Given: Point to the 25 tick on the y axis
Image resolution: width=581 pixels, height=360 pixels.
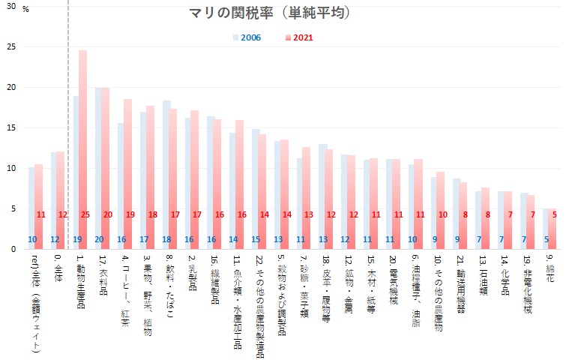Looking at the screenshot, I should coord(10,46).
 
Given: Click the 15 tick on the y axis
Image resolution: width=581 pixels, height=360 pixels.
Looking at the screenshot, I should coord(10,127).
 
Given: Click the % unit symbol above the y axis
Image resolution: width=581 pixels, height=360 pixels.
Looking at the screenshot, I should coord(26,10).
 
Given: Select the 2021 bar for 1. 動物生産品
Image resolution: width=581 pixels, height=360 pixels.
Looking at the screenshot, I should coord(82,150).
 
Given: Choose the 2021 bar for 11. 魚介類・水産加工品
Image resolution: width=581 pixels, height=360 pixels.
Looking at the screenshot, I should coord(240,184).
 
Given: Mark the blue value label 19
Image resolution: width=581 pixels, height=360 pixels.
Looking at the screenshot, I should coord(76,239).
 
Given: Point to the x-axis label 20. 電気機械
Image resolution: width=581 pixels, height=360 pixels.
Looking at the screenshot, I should coord(394,282).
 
